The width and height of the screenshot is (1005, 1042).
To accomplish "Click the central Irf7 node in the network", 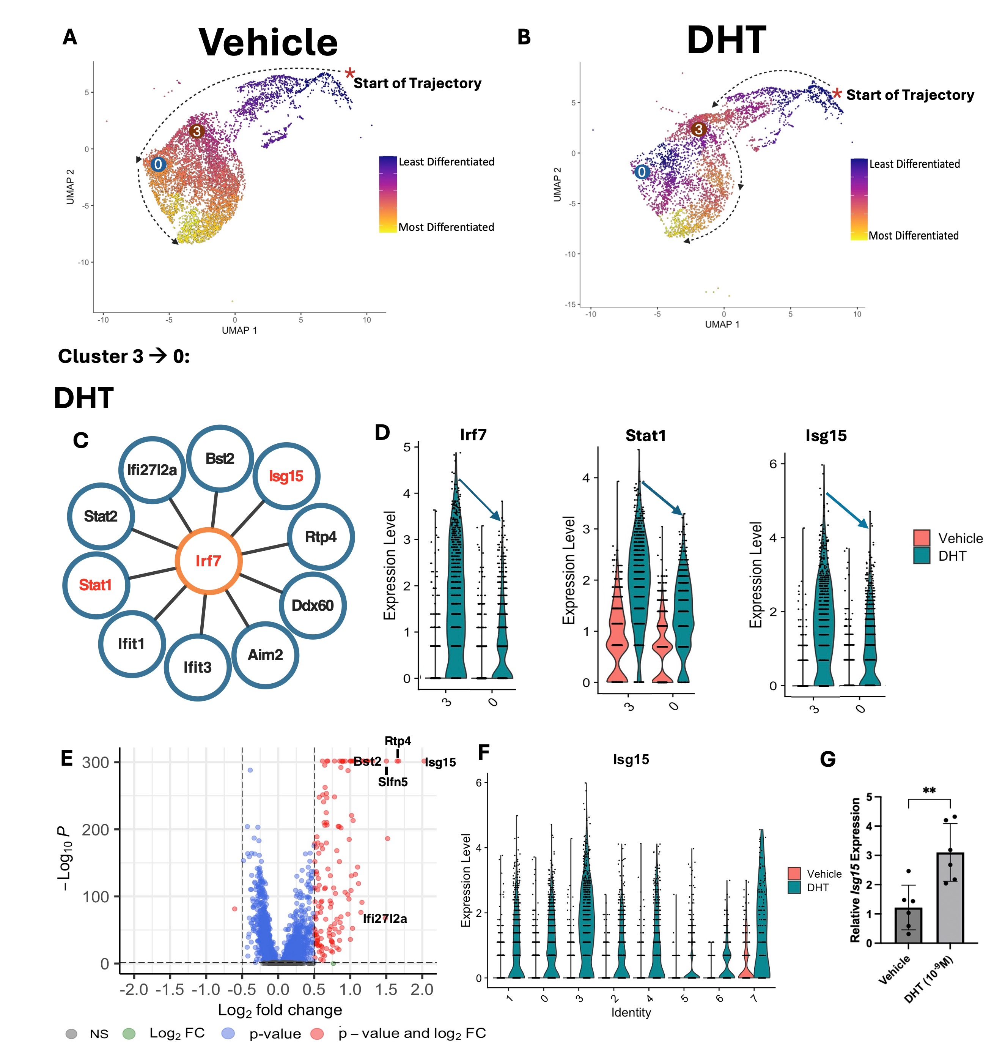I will [208, 561].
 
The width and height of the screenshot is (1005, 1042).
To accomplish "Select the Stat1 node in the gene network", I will [96, 585].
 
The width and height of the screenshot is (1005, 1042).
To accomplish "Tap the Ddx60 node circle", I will [313, 605].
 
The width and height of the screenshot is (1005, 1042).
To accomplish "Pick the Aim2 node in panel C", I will [265, 654].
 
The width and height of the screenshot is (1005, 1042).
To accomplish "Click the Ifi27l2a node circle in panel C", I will [152, 470].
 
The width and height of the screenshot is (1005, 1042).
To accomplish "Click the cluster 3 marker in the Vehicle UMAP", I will [197, 131].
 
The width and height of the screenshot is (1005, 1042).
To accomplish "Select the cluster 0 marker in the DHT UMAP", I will [642, 172].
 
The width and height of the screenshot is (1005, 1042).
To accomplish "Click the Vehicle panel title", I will [268, 42].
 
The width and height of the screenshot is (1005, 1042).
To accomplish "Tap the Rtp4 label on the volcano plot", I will [398, 741].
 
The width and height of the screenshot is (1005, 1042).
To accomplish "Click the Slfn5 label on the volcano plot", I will [393, 782].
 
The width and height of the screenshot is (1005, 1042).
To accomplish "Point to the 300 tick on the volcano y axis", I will [96, 762].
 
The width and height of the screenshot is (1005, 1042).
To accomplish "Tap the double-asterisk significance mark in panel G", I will [929, 791].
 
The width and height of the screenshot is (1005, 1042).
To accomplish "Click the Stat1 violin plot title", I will [645, 435].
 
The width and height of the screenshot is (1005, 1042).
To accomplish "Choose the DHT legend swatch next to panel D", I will [922, 556].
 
